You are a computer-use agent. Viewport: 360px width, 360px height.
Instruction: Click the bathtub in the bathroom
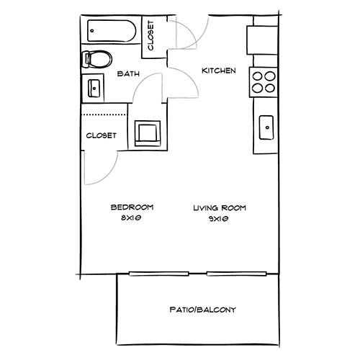(112, 31)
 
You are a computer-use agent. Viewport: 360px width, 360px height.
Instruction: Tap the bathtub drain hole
(92, 31)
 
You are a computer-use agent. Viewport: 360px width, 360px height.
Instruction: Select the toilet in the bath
(97, 59)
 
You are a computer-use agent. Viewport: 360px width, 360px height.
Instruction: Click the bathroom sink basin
(94, 89)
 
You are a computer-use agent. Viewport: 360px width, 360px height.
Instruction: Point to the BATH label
(128, 73)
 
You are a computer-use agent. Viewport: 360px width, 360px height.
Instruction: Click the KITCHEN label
(219, 71)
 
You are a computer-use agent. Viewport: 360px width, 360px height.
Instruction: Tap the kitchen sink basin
(266, 127)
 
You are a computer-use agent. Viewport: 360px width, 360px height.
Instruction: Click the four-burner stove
(264, 82)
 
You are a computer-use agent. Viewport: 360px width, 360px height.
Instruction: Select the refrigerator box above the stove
(262, 40)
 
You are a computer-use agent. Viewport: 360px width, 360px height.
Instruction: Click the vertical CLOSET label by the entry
(150, 35)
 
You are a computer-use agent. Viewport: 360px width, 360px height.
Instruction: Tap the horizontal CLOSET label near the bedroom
(101, 135)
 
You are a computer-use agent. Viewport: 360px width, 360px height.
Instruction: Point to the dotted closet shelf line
(104, 115)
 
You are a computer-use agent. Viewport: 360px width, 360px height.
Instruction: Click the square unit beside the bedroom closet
(148, 133)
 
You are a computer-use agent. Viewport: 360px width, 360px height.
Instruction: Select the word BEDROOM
(132, 207)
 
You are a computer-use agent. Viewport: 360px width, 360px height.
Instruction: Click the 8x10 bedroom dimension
(130, 218)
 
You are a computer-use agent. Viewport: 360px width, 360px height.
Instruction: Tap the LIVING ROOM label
(220, 208)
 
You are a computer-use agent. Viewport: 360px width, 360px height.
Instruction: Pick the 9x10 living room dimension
(218, 219)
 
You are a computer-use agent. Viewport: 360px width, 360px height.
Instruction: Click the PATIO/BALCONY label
(203, 310)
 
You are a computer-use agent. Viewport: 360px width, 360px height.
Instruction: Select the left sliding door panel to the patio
(159, 274)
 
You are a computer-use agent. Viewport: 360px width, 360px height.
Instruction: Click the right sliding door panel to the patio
(237, 274)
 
